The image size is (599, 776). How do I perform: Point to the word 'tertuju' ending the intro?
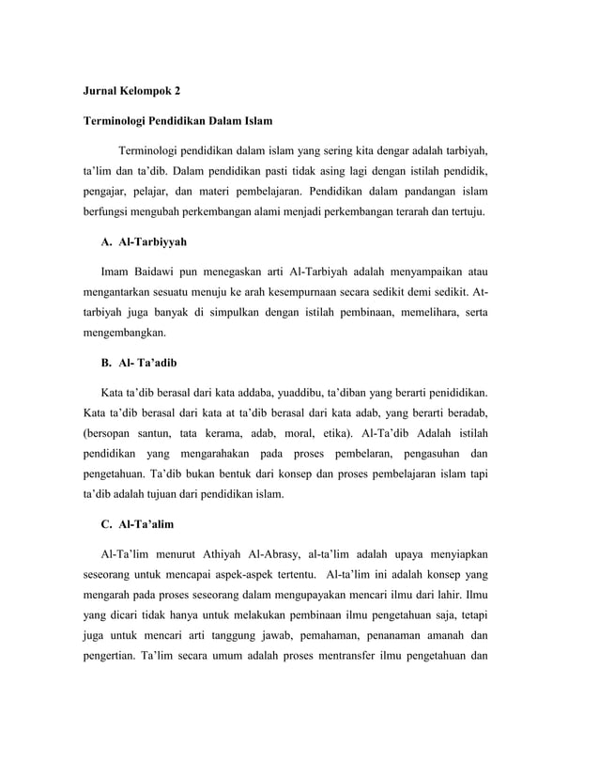466,212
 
